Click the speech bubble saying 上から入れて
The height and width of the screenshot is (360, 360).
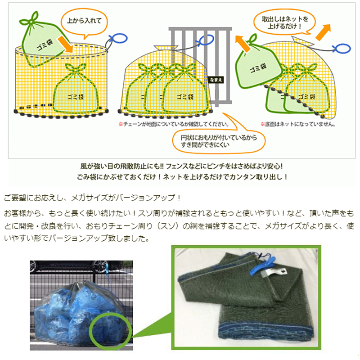84,22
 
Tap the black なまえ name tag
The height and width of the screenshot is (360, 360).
216,80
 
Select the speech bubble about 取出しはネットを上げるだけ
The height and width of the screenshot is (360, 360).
284,22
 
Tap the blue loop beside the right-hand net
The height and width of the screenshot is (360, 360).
342,49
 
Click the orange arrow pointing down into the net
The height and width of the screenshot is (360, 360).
65,44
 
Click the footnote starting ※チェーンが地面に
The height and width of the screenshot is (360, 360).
174,124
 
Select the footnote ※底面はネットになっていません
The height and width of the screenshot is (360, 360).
298,124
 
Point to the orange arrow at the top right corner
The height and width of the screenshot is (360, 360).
323,32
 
